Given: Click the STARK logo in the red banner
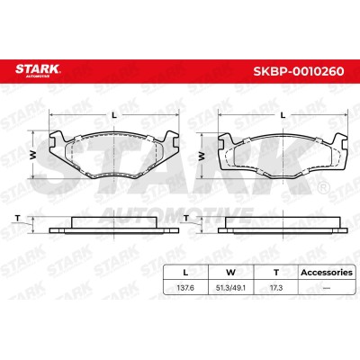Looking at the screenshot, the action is click(x=38, y=70).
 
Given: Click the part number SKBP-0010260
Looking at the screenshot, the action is click(x=299, y=71).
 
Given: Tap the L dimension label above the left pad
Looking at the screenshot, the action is click(x=114, y=114).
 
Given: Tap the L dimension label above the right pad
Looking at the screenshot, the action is click(x=283, y=114).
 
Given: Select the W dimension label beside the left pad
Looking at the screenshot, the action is click(x=33, y=155).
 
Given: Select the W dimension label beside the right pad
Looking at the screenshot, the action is click(x=202, y=156).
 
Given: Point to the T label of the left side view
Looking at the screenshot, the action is click(x=18, y=218).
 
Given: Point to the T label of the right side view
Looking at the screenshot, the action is click(x=186, y=218).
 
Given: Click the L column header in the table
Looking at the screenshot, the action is click(x=185, y=273).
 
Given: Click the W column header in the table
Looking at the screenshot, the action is click(x=230, y=273).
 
